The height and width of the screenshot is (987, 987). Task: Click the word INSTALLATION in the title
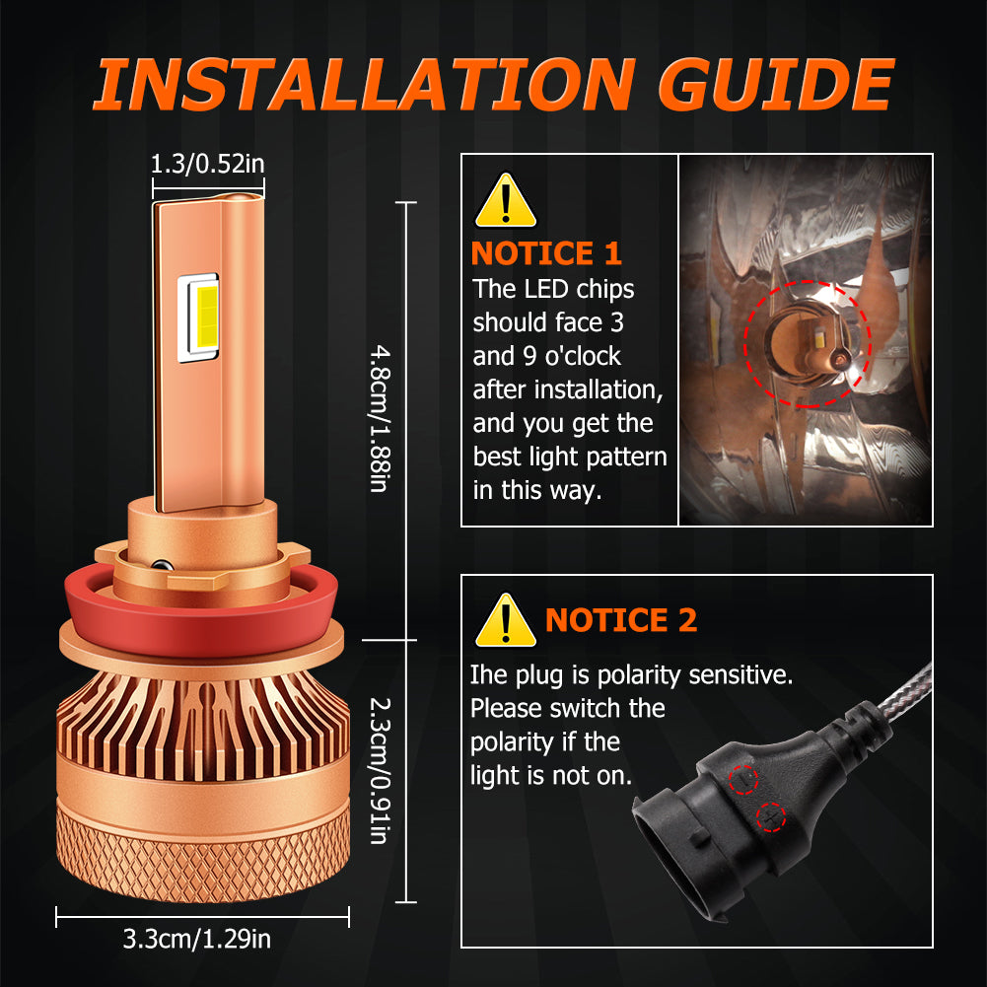(364, 84)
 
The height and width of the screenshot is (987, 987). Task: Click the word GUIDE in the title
(776, 84)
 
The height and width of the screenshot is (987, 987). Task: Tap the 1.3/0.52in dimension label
(208, 164)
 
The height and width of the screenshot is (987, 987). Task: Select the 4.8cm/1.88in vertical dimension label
(381, 418)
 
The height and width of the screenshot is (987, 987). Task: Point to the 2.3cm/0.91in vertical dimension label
(381, 770)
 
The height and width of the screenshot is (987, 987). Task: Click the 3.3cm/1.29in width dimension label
(197, 939)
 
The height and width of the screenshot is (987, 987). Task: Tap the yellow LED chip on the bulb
(206, 317)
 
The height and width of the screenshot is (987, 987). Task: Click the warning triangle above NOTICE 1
(506, 201)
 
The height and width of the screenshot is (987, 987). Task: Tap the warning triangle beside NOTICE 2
(506, 620)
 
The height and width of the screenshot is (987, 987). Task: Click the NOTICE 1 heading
(546, 253)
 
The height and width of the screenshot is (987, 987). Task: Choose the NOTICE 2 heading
(621, 620)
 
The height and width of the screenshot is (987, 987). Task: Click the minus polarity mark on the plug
(743, 780)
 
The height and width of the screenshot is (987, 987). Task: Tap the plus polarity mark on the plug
(770, 817)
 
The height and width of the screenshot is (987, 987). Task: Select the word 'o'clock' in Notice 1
(583, 356)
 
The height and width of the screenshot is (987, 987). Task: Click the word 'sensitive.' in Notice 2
(740, 674)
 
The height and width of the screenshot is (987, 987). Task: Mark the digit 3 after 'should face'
(617, 322)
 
